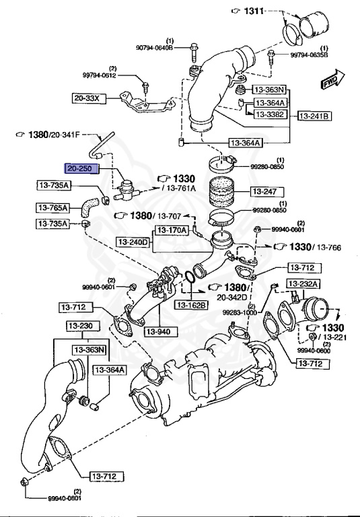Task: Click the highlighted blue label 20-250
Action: pyautogui.click(x=81, y=168)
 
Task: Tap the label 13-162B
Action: pyautogui.click(x=192, y=305)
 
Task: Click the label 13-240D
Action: pyautogui.click(x=132, y=241)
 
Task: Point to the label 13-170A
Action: pyautogui.click(x=172, y=230)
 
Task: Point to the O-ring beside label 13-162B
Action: pyautogui.click(x=191, y=277)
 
